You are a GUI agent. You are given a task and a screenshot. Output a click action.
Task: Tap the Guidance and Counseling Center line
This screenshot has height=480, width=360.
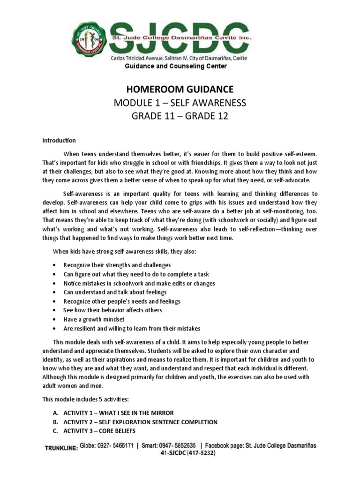pos(175,67)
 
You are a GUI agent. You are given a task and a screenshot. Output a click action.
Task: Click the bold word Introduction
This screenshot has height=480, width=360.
pos(59,140)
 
